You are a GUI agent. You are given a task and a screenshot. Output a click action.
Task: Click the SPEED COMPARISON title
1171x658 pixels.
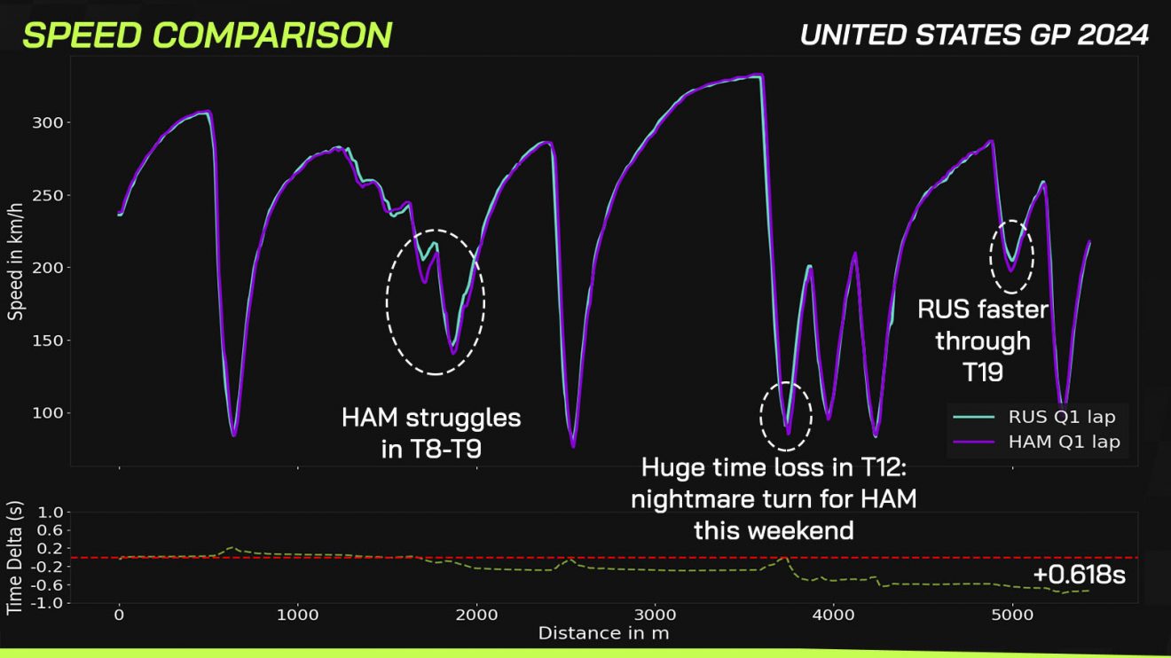[x=207, y=35]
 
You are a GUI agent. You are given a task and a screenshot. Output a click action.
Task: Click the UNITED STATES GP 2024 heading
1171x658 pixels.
[x=974, y=35]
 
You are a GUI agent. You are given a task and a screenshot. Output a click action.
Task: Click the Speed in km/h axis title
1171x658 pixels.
[x=15, y=259]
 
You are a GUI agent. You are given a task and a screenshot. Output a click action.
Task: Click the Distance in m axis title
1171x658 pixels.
[x=603, y=633]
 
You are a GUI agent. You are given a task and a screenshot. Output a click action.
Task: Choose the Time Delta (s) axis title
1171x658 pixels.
[x=15, y=558]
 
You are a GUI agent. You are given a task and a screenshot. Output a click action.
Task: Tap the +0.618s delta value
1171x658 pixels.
[x=1079, y=575]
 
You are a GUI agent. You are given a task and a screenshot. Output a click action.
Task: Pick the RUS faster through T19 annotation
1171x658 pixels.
[x=982, y=341]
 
